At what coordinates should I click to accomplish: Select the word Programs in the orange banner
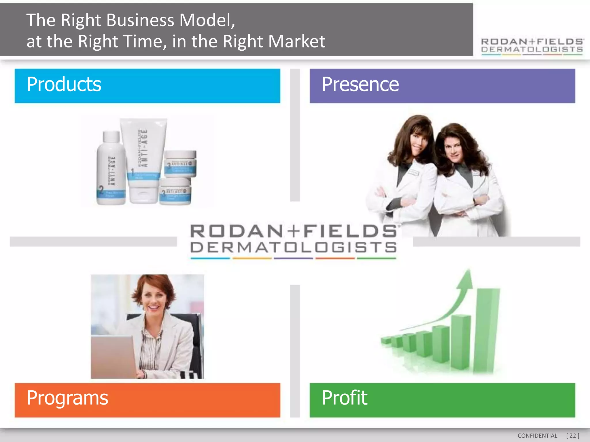[67, 398]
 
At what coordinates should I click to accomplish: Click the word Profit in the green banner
[345, 398]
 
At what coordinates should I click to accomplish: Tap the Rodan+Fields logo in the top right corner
[532, 46]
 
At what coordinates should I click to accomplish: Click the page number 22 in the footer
[572, 436]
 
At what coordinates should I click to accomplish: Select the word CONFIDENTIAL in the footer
[537, 436]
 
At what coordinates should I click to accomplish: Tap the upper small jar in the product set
[180, 164]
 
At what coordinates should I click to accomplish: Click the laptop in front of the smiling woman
[114, 357]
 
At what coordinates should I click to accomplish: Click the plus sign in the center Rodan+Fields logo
[293, 231]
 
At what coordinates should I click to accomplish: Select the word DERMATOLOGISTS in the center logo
[293, 247]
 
